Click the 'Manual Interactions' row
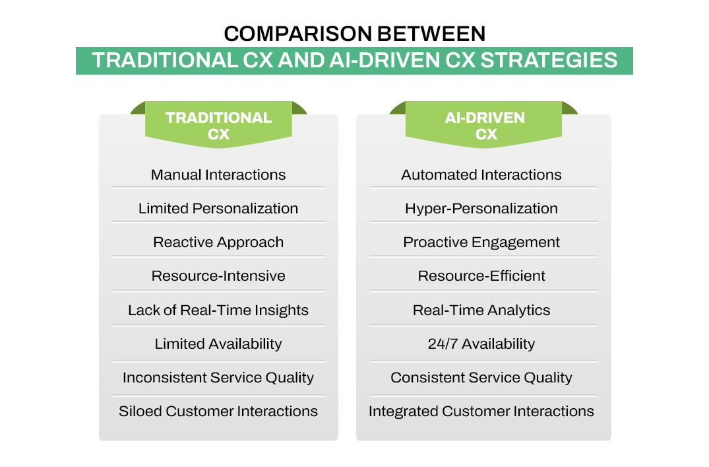coord(218,175)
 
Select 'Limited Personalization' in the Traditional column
coord(218,209)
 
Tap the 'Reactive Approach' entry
coord(218,242)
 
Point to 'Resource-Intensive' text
coord(218,276)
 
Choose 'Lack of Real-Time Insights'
coord(218,310)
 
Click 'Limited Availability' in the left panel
coord(218,344)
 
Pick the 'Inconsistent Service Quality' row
coord(218,378)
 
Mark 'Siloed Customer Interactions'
coord(218,412)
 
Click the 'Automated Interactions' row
coord(481,175)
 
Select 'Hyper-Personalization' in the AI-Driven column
coord(481,209)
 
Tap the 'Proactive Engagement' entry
coord(481,242)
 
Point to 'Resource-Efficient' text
coord(481,276)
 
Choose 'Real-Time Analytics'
coord(481,310)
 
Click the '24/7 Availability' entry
coord(481,344)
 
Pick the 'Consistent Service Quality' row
coord(481,378)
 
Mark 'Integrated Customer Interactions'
coord(481,412)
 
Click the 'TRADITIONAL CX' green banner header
coord(218,126)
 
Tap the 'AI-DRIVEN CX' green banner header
coord(485,126)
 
